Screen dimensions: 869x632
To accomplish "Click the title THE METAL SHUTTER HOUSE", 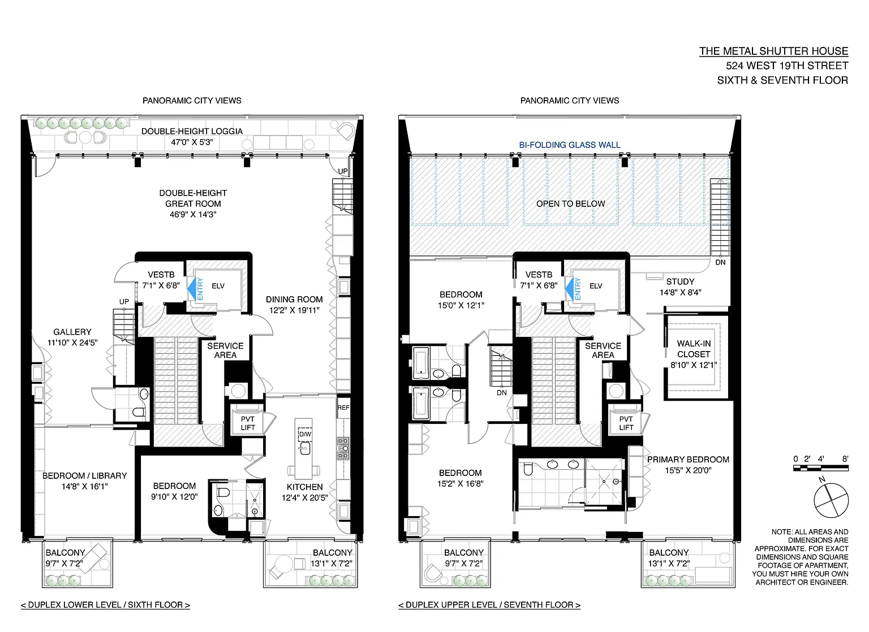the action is pyautogui.click(x=773, y=51).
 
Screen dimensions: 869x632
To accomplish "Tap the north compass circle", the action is pyautogui.click(x=831, y=500).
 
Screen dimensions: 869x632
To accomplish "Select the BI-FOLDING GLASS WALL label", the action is pyautogui.click(x=570, y=145).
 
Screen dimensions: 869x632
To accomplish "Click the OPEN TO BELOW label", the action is pyautogui.click(x=571, y=204).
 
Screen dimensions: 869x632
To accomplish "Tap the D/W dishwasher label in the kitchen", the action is pyautogui.click(x=305, y=434).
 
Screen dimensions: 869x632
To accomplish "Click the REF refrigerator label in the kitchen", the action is pyautogui.click(x=343, y=408).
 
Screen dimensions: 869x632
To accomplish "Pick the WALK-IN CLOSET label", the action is pyautogui.click(x=694, y=349).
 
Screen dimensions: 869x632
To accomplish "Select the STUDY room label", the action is pyautogui.click(x=681, y=282).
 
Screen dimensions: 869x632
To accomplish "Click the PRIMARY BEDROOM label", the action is pyautogui.click(x=688, y=460).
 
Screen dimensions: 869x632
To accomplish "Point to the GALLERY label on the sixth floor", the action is pyautogui.click(x=72, y=332).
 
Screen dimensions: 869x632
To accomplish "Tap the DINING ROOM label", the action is pyautogui.click(x=294, y=300).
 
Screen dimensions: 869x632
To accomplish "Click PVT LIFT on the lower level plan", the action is pyautogui.click(x=247, y=423).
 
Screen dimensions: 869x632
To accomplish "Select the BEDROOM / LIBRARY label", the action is pyautogui.click(x=84, y=476).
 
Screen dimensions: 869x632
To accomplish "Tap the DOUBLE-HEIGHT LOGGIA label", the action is pyautogui.click(x=192, y=132).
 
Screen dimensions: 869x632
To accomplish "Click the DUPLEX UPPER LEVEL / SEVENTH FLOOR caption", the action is pyautogui.click(x=489, y=605).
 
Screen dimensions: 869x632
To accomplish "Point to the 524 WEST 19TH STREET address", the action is pyautogui.click(x=787, y=66).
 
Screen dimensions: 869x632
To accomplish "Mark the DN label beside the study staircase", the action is pyautogui.click(x=720, y=262).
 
